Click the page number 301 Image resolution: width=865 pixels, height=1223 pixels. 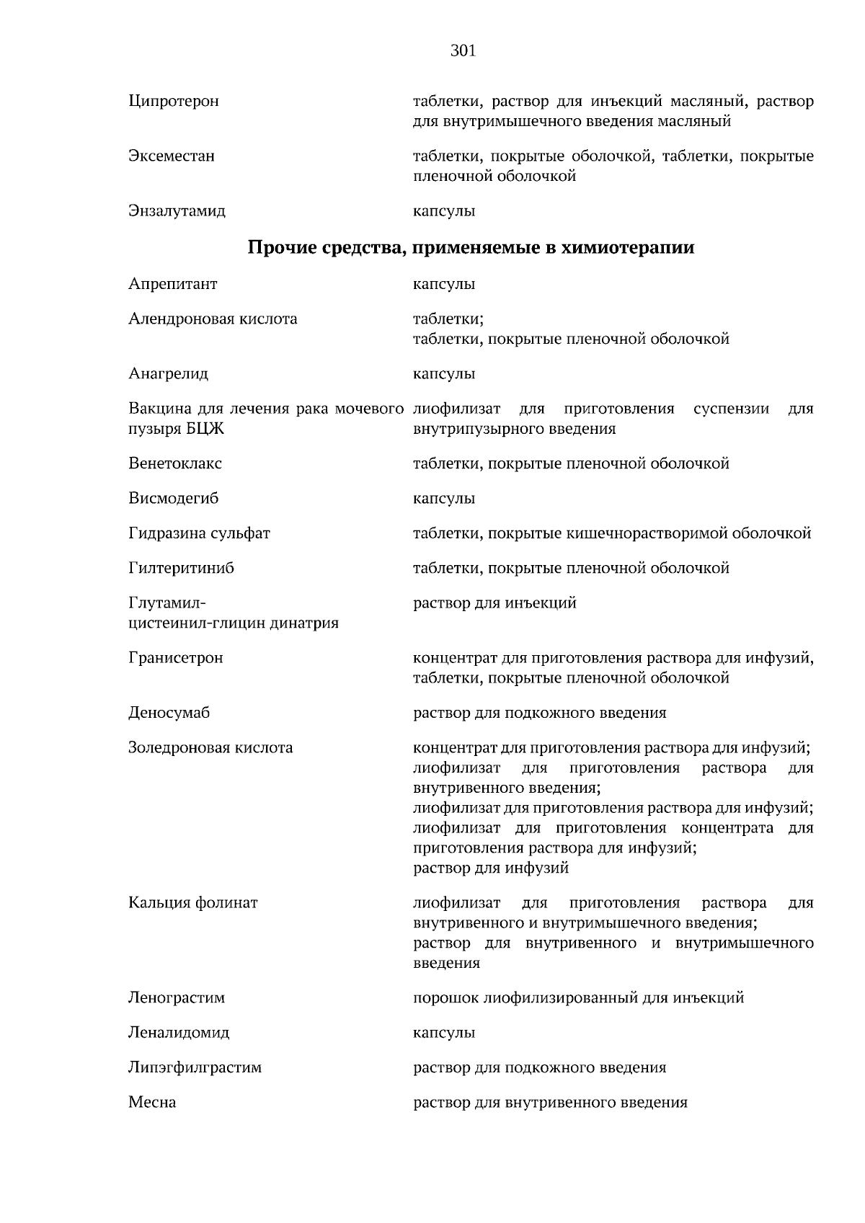click(463, 50)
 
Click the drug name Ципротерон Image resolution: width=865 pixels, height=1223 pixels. click(174, 101)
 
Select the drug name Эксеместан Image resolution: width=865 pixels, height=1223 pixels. click(172, 156)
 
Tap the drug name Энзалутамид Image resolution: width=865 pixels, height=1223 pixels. click(177, 211)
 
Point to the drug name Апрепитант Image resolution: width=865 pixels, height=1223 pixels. click(173, 284)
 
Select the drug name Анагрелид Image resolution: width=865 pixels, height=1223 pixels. click(169, 374)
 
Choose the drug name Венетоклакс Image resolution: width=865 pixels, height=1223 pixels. click(175, 463)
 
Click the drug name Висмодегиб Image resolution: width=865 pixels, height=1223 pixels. click(174, 498)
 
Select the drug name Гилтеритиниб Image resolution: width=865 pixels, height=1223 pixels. click(182, 568)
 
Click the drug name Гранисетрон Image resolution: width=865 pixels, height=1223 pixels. click(176, 658)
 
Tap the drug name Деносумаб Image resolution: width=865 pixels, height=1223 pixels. click(169, 713)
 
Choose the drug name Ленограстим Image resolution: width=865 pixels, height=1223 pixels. click(177, 998)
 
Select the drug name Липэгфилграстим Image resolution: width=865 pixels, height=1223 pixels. click(195, 1067)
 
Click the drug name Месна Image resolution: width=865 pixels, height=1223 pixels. click(152, 1102)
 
